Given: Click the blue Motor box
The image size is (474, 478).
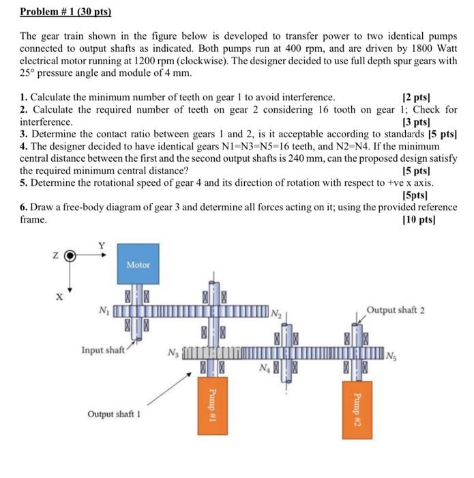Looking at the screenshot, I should pos(138,264).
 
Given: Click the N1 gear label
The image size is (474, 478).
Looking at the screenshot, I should pos(103,312).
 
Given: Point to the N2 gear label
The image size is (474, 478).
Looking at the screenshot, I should pos(275,313).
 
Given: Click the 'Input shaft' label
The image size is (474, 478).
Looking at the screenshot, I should pos(103,350).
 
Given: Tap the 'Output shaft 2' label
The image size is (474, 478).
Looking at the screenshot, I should pos(396,310).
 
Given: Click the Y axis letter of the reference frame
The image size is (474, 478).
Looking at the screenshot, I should pos(102,245).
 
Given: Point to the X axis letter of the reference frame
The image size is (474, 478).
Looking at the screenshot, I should pos(59,297).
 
